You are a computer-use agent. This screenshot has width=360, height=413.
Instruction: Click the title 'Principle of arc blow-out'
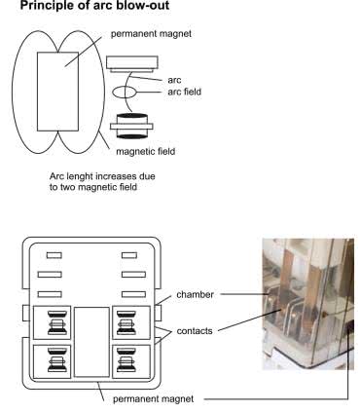(94, 6)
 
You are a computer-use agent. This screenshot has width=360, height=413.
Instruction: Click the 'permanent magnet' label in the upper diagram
(151, 34)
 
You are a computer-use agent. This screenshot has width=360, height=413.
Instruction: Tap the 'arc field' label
(184, 92)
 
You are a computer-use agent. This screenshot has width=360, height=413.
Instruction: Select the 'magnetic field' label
(146, 151)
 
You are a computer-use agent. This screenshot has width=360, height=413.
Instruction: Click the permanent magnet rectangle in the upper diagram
(57, 92)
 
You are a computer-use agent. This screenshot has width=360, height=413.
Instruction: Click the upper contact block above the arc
(132, 63)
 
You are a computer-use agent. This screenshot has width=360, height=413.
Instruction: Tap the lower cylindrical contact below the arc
(131, 126)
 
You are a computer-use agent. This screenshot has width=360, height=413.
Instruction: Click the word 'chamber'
(195, 295)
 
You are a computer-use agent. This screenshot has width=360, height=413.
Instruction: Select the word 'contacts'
(195, 331)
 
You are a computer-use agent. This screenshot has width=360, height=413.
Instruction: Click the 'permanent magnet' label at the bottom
(153, 399)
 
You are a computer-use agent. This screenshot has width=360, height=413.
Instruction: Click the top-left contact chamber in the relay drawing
(52, 322)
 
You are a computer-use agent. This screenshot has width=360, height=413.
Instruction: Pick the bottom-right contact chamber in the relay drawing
(131, 361)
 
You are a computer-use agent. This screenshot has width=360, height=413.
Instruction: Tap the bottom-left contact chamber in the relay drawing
(52, 361)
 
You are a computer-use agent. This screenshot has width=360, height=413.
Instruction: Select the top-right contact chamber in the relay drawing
(131, 322)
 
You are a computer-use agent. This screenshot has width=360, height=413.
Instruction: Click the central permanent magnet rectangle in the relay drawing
(91, 342)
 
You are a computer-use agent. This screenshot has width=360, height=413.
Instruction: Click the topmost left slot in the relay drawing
(54, 255)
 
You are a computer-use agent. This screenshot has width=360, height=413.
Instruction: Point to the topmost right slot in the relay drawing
(129, 255)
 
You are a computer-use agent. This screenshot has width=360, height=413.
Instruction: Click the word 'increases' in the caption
(118, 176)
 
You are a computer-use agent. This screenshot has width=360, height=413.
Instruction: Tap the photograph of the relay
(308, 304)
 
